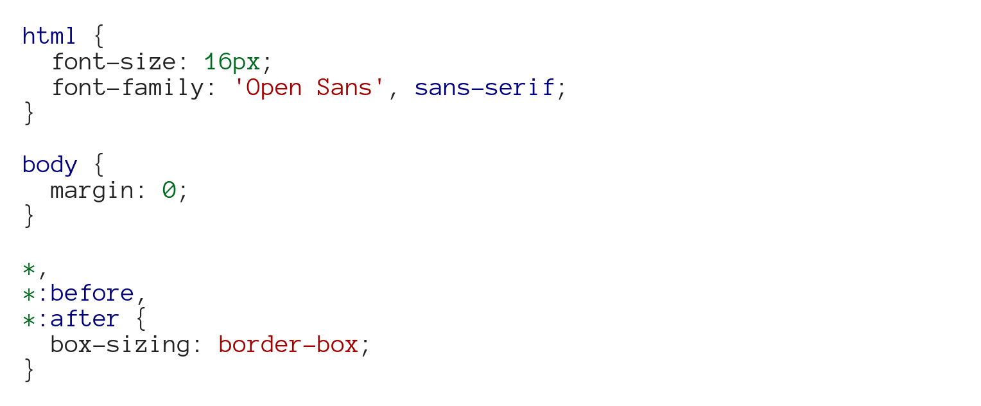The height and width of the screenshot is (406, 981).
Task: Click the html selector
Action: click(x=49, y=36)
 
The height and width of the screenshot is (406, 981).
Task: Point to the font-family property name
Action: click(x=126, y=88)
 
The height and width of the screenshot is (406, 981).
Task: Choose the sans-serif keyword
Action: click(x=484, y=88)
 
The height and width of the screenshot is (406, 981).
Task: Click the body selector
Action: click(x=49, y=165)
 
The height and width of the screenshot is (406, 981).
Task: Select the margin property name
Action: click(x=92, y=191)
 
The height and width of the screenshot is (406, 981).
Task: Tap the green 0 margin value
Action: click(x=169, y=191)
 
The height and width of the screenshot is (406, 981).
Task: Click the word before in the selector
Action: click(x=92, y=294)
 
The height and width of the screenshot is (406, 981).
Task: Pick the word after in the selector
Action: click(x=85, y=319)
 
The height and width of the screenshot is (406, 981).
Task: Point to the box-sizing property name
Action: click(x=119, y=345)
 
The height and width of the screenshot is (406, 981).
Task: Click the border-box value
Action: click(x=288, y=345)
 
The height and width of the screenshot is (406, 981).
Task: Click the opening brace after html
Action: click(x=98, y=37)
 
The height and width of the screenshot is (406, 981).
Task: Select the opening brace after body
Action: click(x=98, y=165)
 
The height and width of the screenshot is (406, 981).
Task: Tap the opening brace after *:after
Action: click(x=141, y=319)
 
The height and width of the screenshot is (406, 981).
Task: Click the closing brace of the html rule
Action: click(x=28, y=114)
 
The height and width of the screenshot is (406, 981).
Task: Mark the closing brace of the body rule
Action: click(x=28, y=216)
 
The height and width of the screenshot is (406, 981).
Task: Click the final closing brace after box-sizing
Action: click(x=28, y=371)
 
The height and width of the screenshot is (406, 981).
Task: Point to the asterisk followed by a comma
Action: click(x=28, y=268)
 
